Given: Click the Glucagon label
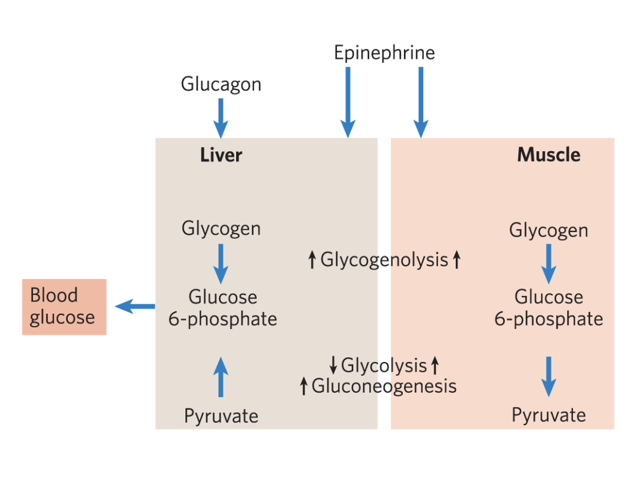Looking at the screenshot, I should tap(221, 84).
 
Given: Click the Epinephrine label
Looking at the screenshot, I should tap(384, 53).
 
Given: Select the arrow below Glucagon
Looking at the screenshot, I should tap(221, 117).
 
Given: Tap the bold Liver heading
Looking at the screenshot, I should tap(221, 155).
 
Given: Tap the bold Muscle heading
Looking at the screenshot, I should tap(548, 155).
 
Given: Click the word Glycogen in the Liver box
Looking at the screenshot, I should tap(221, 228).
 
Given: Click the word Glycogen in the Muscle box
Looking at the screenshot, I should tap(548, 230).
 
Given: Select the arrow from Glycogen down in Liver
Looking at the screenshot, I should tap(221, 263).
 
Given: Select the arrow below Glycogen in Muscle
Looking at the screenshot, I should tap(548, 263).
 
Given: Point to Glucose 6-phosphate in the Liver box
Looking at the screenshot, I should tap(223, 307).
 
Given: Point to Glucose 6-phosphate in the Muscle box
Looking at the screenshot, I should tap(548, 308).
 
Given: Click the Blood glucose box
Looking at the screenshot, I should tap(64, 307).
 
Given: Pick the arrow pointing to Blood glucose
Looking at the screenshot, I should tap(135, 305).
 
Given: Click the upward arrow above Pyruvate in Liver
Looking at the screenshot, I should tap(221, 377).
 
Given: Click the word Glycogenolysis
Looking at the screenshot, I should tap(384, 260).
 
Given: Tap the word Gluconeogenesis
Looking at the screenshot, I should tap(384, 386).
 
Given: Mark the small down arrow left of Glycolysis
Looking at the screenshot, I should tap(333, 366).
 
